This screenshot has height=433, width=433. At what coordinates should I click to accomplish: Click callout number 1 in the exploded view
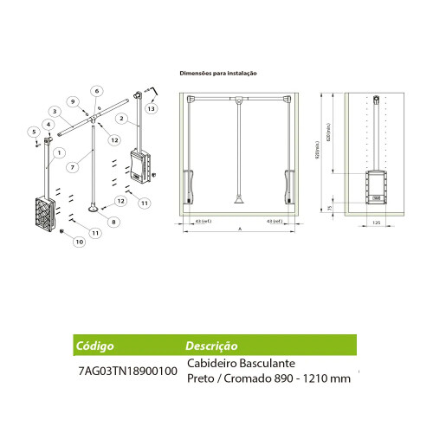58,152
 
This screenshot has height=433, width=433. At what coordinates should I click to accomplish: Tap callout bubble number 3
54,110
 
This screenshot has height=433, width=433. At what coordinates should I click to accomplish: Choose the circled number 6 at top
97,90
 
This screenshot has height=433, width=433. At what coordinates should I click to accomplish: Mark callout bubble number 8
112,222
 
